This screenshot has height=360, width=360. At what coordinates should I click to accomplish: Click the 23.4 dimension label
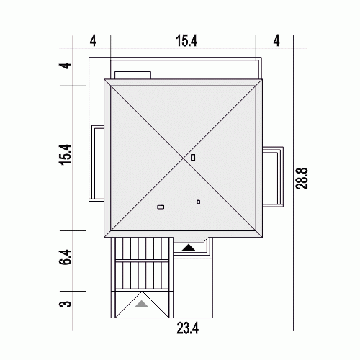(x=187, y=328)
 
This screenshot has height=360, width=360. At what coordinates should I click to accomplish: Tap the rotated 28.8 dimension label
(x=301, y=179)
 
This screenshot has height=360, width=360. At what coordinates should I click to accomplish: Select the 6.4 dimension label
(x=66, y=257)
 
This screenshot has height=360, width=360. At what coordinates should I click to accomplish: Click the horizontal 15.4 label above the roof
(x=186, y=41)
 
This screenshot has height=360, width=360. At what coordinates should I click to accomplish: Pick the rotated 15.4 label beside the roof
(x=66, y=154)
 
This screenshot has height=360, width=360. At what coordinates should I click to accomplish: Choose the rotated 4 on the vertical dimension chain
(x=66, y=66)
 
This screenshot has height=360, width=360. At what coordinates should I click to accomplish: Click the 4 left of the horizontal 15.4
(x=93, y=41)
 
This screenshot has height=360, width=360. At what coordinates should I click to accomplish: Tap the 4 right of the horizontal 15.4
(x=276, y=41)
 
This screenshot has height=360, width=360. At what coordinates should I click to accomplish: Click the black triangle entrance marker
(x=189, y=248)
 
